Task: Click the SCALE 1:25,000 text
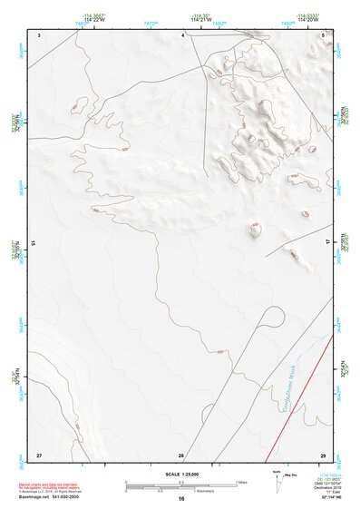180,473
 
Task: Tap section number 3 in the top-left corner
39,34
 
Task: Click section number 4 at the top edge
183,34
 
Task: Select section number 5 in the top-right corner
324,34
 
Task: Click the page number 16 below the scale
181,498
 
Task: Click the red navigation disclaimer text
50,486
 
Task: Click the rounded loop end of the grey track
269,314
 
